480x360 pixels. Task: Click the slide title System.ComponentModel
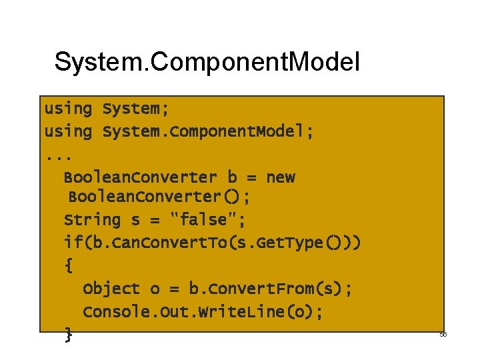tap(207, 62)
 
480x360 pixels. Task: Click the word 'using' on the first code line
tap(68, 108)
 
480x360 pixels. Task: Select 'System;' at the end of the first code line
tap(131, 108)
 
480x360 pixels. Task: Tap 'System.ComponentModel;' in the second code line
tap(208, 131)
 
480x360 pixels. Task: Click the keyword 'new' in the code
tap(280, 177)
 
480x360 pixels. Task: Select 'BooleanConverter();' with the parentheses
tap(160, 197)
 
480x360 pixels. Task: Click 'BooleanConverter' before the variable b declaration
tap(140, 177)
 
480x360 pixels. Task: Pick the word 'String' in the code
tap(92, 220)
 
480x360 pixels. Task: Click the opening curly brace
tap(69, 265)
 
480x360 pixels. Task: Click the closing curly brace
tap(69, 335)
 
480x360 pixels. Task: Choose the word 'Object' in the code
tap(111, 289)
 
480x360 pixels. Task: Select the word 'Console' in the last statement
tap(116, 312)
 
